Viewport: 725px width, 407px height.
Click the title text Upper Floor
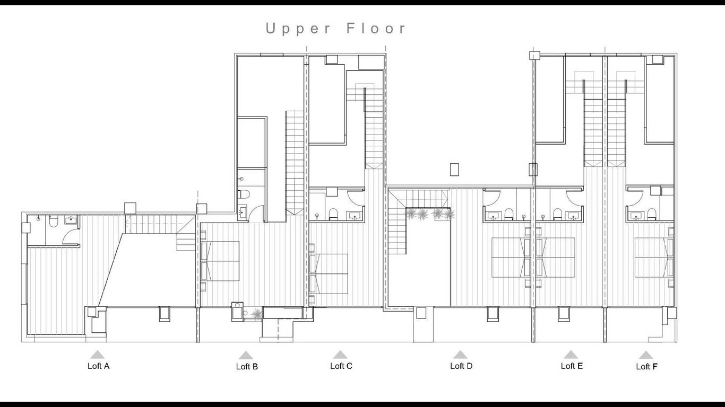335,29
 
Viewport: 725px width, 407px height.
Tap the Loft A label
98,366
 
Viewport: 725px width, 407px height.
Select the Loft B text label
247,367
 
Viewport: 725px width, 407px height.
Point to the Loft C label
341,366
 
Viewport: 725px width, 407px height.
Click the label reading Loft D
461,366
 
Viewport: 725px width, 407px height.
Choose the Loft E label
572,366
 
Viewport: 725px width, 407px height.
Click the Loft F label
646,367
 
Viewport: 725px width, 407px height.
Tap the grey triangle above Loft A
97,355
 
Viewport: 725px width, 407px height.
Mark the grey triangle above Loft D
460,355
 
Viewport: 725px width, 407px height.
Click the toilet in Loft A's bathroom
54,221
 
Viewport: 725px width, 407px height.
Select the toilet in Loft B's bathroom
244,194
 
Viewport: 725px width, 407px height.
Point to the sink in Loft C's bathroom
356,215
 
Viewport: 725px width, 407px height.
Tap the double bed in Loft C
329,274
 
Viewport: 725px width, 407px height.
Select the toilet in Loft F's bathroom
652,214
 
